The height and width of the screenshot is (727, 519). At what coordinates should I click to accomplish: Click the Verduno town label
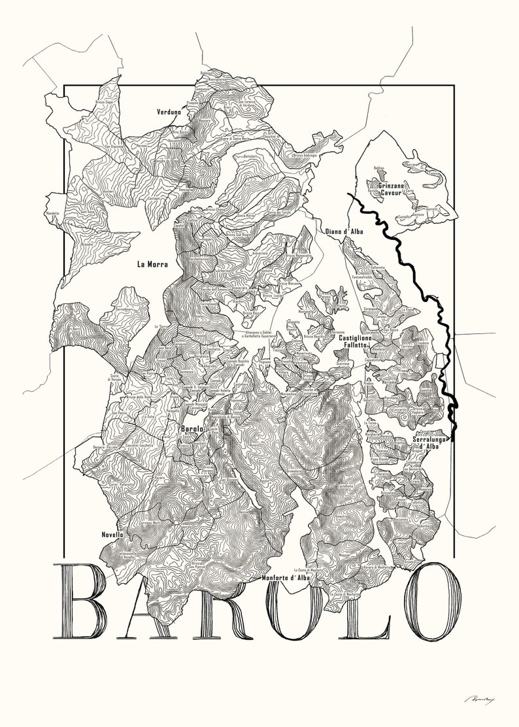click(169, 112)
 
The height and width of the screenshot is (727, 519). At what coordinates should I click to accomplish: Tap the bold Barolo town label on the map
click(192, 429)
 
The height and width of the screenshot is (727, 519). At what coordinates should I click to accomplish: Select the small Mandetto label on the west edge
click(53, 213)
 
